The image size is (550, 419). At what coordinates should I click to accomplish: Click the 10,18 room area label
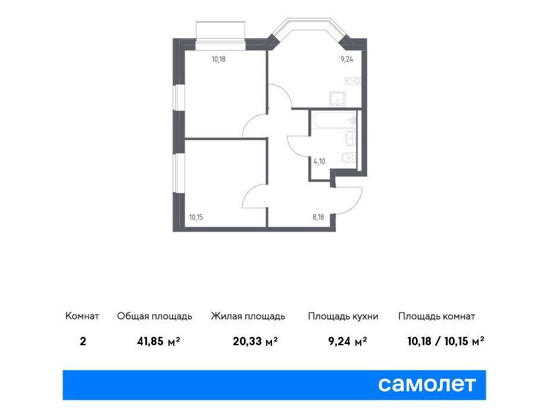click(218, 60)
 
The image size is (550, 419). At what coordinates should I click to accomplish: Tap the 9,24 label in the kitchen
click(347, 60)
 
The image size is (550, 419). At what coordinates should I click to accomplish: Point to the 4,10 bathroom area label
click(319, 161)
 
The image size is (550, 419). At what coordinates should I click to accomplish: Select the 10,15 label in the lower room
click(196, 217)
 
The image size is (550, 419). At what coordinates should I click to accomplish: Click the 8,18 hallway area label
click(318, 217)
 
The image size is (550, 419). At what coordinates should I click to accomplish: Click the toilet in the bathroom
click(348, 158)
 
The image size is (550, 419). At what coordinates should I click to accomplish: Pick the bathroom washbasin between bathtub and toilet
click(351, 138)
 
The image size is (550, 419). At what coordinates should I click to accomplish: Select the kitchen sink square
click(337, 99)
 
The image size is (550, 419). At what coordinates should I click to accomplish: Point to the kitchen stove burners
click(353, 81)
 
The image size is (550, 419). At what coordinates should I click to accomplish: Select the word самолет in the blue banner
click(427, 384)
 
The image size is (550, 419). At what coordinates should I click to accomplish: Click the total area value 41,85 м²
click(158, 341)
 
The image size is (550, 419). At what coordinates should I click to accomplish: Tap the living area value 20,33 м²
click(255, 341)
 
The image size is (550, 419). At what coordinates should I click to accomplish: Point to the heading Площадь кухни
click(343, 317)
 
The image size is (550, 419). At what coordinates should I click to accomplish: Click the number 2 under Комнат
click(83, 341)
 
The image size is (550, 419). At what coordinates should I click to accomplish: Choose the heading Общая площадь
click(154, 317)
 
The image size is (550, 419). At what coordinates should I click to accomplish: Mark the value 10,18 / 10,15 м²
click(445, 341)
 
